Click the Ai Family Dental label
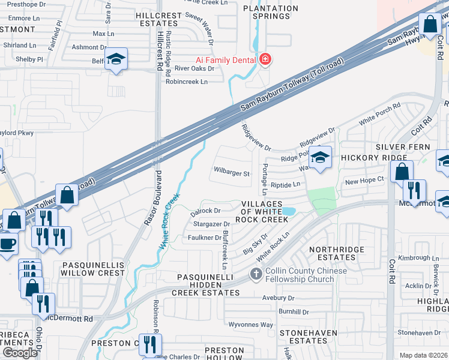tap(226, 59)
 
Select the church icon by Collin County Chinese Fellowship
tap(256, 275)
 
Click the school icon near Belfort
tap(116, 59)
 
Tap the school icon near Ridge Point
tap(321, 158)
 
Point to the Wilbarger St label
tap(232, 173)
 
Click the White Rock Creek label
tap(169, 221)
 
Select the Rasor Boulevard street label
tap(152, 198)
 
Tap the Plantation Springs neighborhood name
tap(270, 12)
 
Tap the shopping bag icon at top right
tap(430, 26)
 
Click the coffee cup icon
tap(7, 244)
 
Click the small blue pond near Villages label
tap(289, 212)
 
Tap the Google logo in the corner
tap(20, 353)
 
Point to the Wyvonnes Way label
tap(252, 325)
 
